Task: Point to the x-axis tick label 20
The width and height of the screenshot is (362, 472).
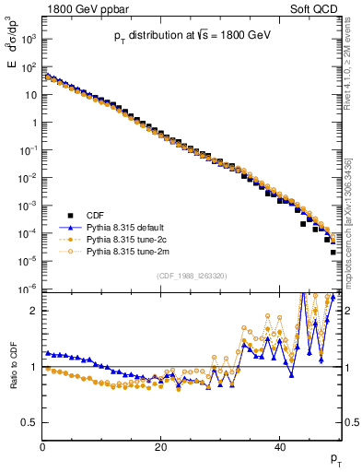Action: (161, 448)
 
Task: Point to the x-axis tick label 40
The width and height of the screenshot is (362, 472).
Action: (280, 448)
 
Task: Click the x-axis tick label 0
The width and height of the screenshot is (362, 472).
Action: (43, 448)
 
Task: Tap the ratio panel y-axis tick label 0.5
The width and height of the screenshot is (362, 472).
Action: (30, 422)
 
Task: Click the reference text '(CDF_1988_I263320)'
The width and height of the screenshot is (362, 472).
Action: (192, 275)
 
